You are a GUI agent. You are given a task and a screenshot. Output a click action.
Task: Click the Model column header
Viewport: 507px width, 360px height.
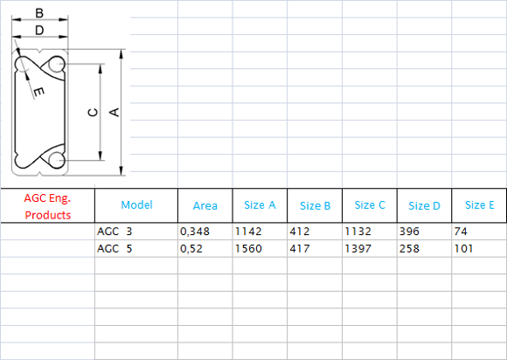[136, 204]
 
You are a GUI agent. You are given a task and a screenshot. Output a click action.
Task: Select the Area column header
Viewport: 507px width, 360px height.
[205, 205]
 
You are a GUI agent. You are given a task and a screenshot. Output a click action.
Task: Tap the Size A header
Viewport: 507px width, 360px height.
[260, 204]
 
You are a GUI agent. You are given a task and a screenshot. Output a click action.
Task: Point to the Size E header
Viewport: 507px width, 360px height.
[480, 204]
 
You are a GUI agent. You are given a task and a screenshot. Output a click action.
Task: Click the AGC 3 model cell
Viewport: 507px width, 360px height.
[115, 232]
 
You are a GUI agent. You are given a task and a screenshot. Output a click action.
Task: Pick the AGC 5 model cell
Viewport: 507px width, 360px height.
[115, 248]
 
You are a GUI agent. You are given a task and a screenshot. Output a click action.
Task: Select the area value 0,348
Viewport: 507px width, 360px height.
[195, 232]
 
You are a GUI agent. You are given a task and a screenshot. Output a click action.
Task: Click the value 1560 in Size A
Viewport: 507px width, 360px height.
[248, 248]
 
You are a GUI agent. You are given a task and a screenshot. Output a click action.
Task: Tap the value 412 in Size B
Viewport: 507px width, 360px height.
[300, 232]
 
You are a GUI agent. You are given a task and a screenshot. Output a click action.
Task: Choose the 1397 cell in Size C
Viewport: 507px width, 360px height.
[358, 248]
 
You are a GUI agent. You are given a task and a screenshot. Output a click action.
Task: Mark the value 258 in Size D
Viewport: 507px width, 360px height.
[409, 248]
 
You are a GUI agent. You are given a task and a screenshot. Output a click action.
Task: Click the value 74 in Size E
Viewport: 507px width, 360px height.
[461, 232]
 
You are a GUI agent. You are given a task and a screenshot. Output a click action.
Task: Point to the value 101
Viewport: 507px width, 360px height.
[463, 248]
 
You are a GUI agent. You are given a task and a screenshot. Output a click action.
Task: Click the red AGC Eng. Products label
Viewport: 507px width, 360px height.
[47, 206]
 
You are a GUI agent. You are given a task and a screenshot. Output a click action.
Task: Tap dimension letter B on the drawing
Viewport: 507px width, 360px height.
[39, 13]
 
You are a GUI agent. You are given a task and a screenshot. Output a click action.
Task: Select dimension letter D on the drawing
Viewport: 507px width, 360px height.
[39, 31]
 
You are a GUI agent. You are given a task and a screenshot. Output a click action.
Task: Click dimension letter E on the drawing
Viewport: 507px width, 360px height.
[38, 92]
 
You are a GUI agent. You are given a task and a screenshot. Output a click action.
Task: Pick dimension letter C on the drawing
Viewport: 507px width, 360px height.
[94, 112]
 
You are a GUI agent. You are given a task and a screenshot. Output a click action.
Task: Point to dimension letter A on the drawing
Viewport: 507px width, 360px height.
[115, 112]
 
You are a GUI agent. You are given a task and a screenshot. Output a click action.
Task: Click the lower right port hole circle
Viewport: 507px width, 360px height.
[56, 160]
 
